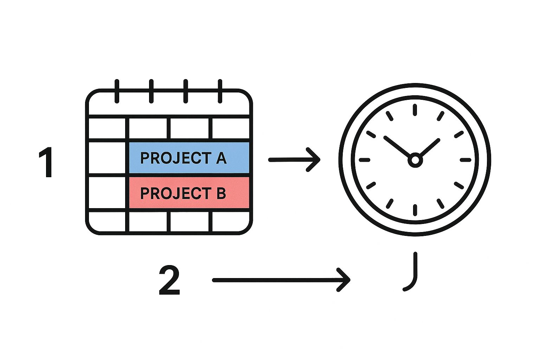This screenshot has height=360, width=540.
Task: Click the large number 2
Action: tap(169, 280)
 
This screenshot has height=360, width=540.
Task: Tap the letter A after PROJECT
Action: tap(221, 158)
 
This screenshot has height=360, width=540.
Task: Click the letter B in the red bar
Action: tap(221, 193)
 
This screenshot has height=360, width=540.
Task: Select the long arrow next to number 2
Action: tap(281, 280)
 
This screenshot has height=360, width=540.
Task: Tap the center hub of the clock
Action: tap(415, 160)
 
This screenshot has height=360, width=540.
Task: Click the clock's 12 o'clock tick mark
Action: tap(415, 109)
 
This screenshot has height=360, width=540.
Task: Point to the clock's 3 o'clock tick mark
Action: tap(465, 160)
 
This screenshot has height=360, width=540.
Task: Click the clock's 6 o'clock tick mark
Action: tap(415, 210)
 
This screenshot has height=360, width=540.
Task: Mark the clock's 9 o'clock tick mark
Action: tap(365, 160)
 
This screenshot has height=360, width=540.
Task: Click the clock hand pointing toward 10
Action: tap(397, 146)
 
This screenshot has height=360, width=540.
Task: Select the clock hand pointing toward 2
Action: tap(430, 147)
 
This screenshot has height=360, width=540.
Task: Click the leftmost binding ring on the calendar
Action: tap(117, 91)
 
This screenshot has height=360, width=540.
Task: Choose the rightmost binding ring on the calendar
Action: tap(220, 91)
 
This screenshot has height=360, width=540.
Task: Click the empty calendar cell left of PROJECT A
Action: tap(107, 158)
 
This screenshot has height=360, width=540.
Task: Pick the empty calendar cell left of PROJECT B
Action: tap(107, 193)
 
